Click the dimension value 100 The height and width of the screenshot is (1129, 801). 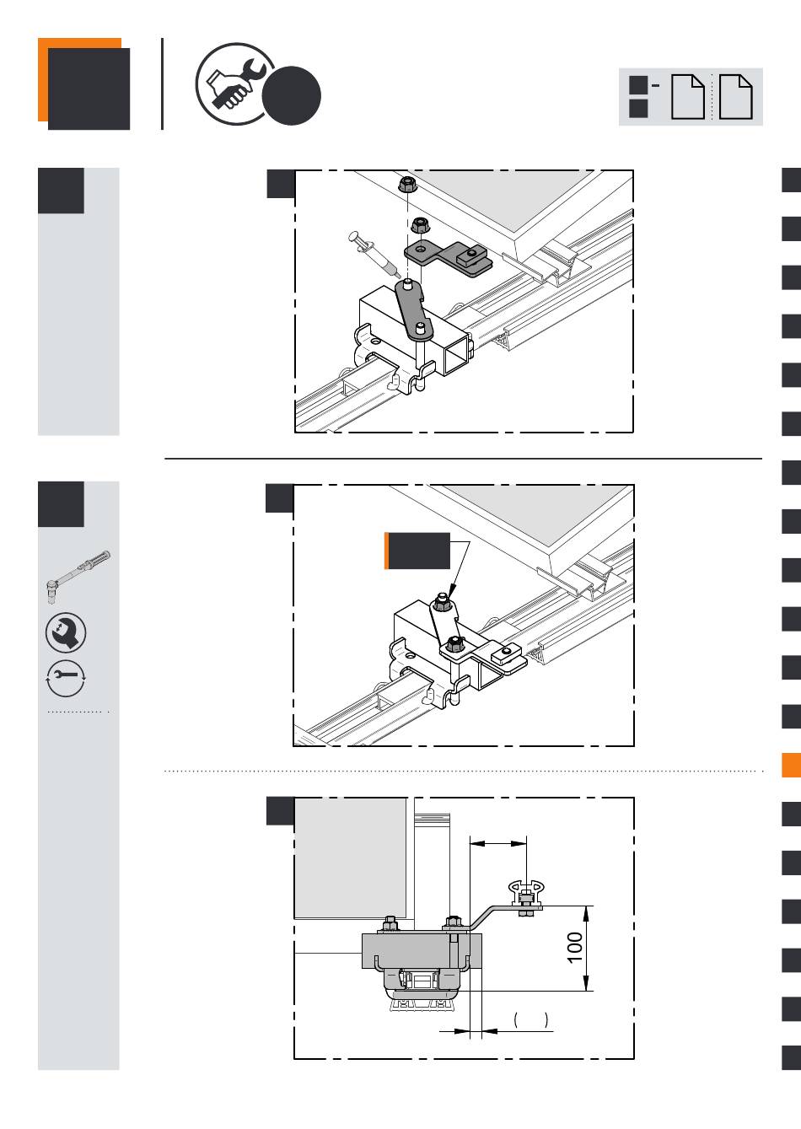tap(575, 948)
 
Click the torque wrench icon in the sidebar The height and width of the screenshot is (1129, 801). tap(78, 576)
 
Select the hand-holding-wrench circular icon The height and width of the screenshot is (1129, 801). tap(234, 83)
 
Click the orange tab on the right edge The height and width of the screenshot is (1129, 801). tap(791, 765)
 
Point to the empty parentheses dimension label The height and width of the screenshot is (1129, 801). tap(530, 1019)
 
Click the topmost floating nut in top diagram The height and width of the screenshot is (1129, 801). tap(406, 184)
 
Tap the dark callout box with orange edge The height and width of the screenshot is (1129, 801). tap(417, 551)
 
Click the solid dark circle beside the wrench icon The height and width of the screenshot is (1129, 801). tap(292, 95)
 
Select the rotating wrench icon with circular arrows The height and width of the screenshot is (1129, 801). tap(66, 678)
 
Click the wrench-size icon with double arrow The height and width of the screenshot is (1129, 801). tap(66, 632)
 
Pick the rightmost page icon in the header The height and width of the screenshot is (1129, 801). tap(735, 97)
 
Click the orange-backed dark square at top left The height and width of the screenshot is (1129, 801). tap(83, 83)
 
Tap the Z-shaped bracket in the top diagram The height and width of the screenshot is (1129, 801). tap(447, 259)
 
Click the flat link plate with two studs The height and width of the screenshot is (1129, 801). tap(414, 309)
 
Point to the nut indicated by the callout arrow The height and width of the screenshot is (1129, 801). tap(442, 602)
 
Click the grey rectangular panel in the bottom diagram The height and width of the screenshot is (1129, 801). tap(351, 858)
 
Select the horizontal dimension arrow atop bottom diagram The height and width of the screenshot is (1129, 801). tap(498, 843)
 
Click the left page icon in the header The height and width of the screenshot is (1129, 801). tap(687, 97)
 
